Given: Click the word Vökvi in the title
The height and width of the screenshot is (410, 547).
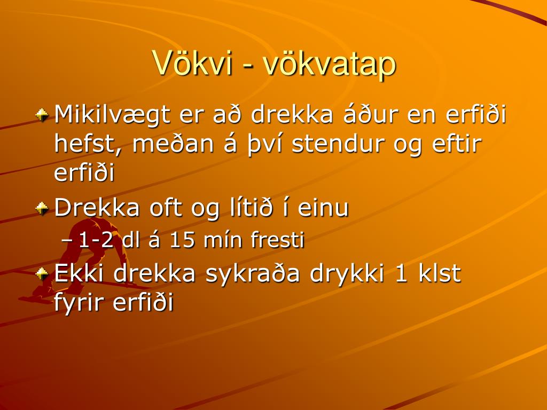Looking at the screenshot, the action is click(x=192, y=64).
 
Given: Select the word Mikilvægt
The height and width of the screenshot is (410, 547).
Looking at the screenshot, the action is click(x=112, y=116).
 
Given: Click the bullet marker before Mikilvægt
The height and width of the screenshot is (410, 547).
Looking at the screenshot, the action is click(x=42, y=115).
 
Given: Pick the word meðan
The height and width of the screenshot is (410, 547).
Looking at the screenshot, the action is click(x=173, y=144).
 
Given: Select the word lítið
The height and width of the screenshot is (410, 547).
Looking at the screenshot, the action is click(x=251, y=208).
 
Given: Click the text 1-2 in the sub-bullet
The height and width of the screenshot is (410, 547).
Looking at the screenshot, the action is click(x=96, y=240).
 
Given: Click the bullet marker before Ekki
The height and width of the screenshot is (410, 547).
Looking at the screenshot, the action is click(x=42, y=274).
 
